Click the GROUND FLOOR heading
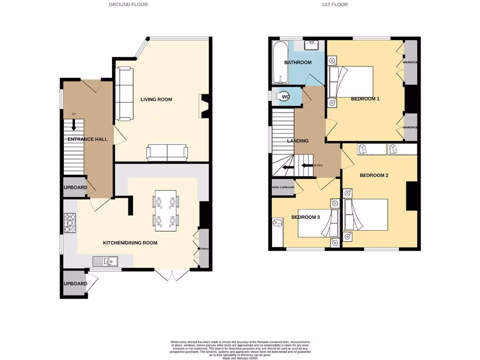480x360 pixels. click(x=128, y=5)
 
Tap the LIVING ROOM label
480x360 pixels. click(x=156, y=99)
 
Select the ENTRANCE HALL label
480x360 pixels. click(x=88, y=139)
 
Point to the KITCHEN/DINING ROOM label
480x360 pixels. click(x=130, y=243)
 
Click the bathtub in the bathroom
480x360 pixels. click(x=279, y=61)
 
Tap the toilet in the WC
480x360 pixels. click(x=283, y=96)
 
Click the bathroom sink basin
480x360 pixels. click(x=312, y=45)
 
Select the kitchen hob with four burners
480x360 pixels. click(x=70, y=223)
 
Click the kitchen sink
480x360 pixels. click(x=105, y=261)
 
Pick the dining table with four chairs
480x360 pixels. click(x=166, y=210)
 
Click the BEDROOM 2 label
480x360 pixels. click(x=374, y=175)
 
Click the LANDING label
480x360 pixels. click(x=298, y=141)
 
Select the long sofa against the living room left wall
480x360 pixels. click(x=124, y=93)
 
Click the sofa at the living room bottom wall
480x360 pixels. click(x=167, y=152)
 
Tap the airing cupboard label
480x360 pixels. click(x=283, y=187)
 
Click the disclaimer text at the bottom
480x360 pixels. click(x=240, y=349)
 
